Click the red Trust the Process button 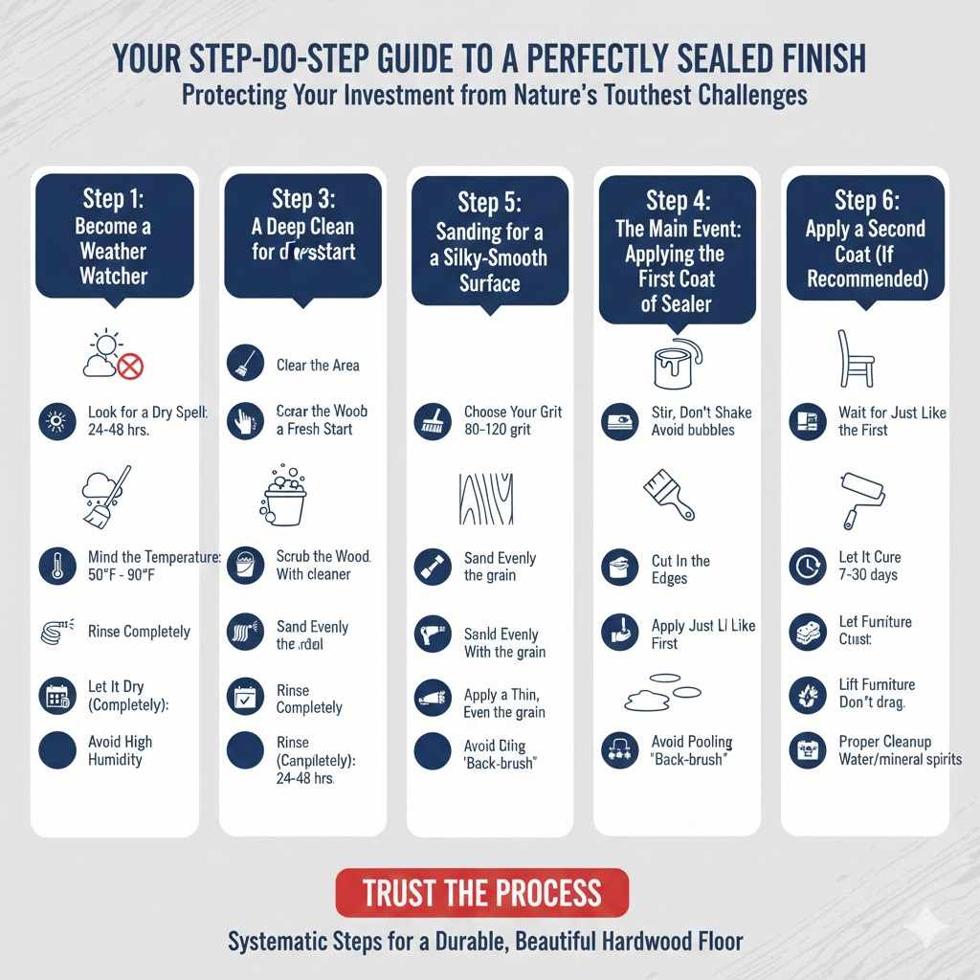pyautogui.click(x=481, y=893)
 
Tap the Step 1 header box pyautogui.click(x=114, y=236)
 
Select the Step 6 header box pyautogui.click(x=865, y=238)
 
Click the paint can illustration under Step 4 pyautogui.click(x=677, y=364)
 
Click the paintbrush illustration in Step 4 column pyautogui.click(x=669, y=494)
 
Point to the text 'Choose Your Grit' pyautogui.click(x=513, y=412)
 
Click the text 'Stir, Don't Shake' pyautogui.click(x=702, y=412)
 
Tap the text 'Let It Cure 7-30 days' pyautogui.click(x=869, y=566)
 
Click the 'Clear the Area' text pyautogui.click(x=318, y=365)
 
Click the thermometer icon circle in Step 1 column pyautogui.click(x=56, y=567)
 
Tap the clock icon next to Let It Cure pyautogui.click(x=807, y=567)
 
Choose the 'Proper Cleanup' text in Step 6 pyautogui.click(x=884, y=742)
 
